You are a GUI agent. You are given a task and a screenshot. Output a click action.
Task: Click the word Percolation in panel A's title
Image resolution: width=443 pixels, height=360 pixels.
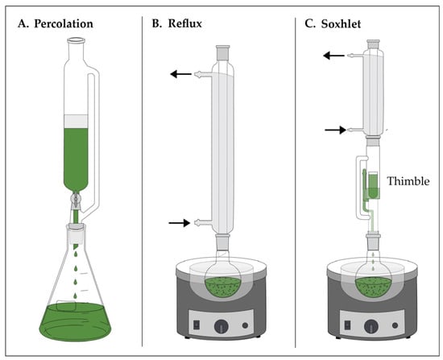pos(64,23)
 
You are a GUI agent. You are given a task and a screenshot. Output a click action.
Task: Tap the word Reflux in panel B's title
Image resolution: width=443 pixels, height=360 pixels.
pos(185,23)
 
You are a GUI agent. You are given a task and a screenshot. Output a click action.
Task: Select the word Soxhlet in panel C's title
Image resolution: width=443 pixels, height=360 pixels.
pos(341,23)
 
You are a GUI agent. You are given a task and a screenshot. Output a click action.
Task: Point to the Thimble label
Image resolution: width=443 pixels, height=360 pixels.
pos(408,181)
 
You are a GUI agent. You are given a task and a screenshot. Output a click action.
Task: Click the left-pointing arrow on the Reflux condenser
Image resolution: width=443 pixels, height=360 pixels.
pos(180,74)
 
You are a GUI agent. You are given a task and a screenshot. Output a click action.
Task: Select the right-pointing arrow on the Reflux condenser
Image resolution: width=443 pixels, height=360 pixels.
pos(180,222)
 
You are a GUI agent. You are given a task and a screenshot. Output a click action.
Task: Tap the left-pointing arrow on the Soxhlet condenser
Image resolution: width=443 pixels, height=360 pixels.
pos(333,56)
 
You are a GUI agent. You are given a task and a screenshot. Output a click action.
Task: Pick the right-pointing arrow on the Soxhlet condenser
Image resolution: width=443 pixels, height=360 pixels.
pos(335,130)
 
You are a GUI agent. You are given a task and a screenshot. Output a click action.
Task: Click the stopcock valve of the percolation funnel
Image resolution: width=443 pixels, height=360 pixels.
pos(76,198)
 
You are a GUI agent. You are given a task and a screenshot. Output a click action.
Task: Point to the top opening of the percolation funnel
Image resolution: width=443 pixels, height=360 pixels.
pos(76,41)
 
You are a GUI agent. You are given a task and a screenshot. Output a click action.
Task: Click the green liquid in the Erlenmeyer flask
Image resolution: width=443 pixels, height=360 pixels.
pos(75,321)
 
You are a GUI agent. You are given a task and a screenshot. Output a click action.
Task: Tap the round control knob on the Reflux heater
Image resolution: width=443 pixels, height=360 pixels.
pos(221,326)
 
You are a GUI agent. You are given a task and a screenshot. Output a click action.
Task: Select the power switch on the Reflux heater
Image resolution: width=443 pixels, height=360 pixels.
pos(196,325)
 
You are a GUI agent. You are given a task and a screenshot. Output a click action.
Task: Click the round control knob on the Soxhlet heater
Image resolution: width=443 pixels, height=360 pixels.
pos(371,326)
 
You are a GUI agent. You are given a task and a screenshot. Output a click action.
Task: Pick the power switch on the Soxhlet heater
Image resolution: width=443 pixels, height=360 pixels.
pos(347,325)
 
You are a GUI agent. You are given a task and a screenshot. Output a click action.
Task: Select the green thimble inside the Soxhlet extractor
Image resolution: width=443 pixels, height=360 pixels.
pos(373,185)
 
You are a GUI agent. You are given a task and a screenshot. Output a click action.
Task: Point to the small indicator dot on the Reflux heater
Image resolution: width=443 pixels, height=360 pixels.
pos(245,325)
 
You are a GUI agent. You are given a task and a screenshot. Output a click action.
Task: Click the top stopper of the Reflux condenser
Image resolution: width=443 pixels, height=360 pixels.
pos(223,52)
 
